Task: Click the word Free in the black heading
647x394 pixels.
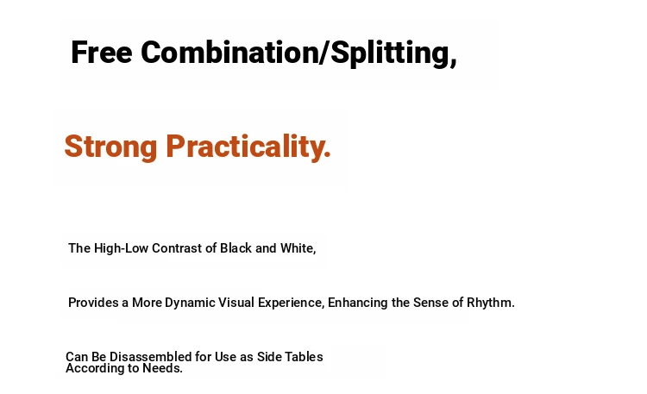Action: (102, 53)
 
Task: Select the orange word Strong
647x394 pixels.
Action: (110, 147)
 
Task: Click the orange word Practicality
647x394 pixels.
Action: (248, 147)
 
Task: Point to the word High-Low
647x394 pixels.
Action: (121, 248)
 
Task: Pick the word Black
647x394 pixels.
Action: (236, 248)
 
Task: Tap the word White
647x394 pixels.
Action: (298, 248)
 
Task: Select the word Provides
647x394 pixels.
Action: (93, 303)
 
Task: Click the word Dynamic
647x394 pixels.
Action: (190, 303)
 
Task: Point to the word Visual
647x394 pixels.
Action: (236, 303)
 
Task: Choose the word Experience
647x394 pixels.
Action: (291, 303)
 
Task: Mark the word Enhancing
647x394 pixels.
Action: (358, 303)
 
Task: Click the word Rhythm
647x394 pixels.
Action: (491, 303)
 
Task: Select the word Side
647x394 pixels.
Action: (268, 356)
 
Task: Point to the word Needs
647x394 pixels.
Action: (162, 368)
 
